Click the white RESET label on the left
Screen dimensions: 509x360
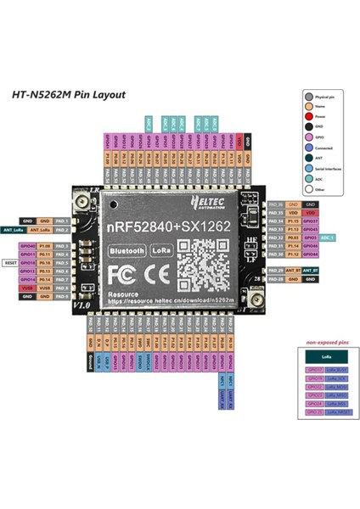[10, 263]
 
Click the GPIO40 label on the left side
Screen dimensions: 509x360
[28, 246]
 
